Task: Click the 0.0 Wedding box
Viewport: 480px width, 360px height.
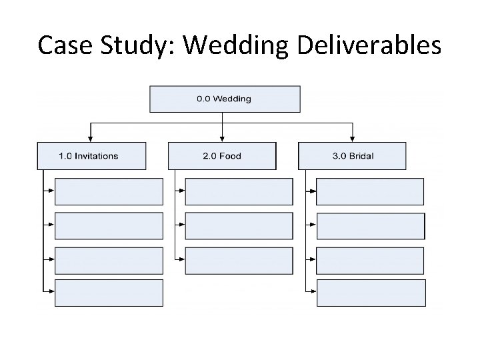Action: [224, 99]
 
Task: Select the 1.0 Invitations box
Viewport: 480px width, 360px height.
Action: [91, 156]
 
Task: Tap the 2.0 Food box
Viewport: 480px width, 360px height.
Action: [221, 156]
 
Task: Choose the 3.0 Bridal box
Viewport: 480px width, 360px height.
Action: [352, 156]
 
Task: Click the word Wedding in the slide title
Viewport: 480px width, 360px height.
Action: [233, 45]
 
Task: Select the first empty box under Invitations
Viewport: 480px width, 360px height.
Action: [109, 191]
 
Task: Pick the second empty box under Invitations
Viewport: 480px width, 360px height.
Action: [109, 225]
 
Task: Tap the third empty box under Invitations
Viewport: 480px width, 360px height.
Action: [109, 260]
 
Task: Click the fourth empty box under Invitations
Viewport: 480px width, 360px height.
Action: [109, 293]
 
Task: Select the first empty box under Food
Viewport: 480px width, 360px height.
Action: [239, 191]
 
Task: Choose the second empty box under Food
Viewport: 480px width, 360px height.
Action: [239, 225]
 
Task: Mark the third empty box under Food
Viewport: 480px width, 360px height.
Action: [239, 260]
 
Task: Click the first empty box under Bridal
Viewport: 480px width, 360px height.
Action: [370, 191]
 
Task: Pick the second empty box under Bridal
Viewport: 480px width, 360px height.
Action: [370, 225]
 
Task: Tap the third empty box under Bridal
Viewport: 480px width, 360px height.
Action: [370, 260]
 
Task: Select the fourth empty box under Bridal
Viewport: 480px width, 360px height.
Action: [370, 293]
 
